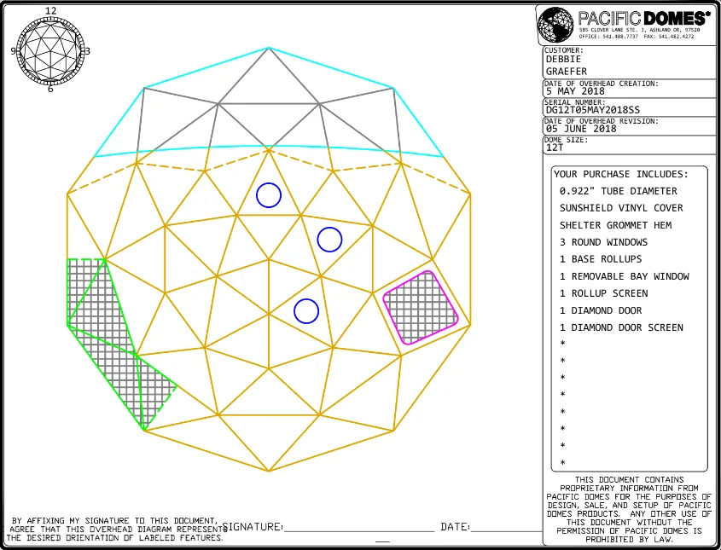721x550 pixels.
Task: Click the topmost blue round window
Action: click(269, 195)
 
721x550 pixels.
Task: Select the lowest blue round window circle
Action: click(306, 311)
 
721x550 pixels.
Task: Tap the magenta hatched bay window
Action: click(420, 307)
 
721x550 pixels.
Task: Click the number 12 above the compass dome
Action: click(50, 11)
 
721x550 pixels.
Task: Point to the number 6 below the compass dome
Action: click(50, 89)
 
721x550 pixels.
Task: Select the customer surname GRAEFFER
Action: click(567, 72)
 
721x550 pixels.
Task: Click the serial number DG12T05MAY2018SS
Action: click(592, 110)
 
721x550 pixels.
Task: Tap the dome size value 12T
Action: click(555, 148)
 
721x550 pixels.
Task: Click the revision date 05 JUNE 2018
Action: click(581, 129)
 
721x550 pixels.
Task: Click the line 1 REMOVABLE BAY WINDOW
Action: click(624, 276)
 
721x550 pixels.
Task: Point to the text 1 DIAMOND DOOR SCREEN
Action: click(621, 327)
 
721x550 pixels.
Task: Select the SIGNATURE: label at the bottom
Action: click(253, 527)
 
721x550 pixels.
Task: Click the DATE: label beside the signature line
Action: click(455, 527)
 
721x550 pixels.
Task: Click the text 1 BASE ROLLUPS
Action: click(601, 259)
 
